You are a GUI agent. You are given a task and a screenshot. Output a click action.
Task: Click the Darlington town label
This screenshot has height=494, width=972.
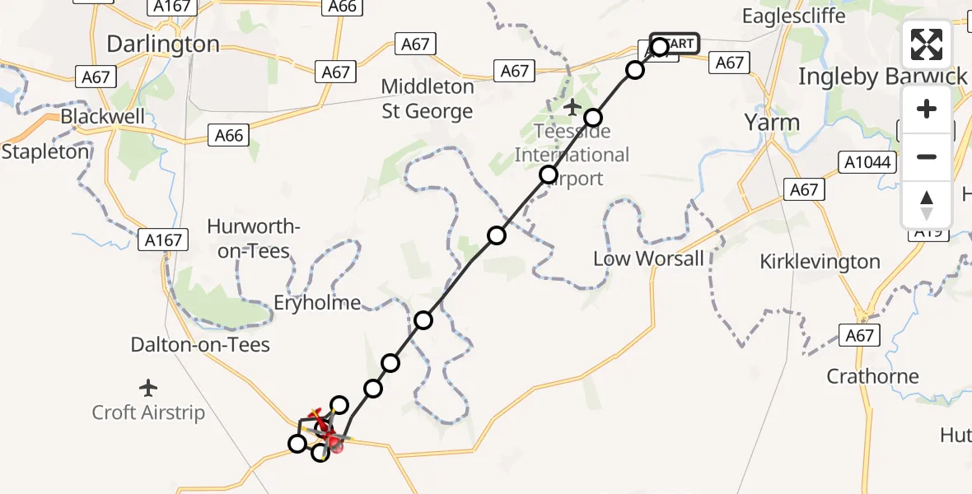(x=163, y=44)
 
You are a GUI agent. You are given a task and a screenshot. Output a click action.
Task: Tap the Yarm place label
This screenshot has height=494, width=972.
(x=772, y=123)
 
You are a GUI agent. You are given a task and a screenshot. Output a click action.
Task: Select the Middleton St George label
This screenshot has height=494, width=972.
(x=428, y=99)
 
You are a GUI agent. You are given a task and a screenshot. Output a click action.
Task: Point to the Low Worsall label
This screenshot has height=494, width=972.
(x=648, y=259)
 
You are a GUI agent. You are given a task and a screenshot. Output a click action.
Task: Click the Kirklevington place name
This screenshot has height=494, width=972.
(x=820, y=262)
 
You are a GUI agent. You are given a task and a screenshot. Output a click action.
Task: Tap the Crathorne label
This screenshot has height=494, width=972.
(x=872, y=376)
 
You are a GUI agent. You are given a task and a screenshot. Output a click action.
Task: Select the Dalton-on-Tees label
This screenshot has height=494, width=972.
(x=200, y=344)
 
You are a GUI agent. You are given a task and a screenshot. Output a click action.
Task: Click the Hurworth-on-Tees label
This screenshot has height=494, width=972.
(x=254, y=239)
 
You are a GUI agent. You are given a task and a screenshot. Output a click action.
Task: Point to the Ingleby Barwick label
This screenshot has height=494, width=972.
(x=882, y=77)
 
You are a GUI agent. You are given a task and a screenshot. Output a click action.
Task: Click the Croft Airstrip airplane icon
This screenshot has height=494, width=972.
(x=148, y=387)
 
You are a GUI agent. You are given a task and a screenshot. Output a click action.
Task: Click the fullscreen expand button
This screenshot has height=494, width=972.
(x=926, y=44)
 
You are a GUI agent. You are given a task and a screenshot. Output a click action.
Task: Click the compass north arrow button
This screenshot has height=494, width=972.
(x=926, y=203)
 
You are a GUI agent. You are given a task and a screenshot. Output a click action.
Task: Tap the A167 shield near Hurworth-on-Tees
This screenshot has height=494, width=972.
(x=165, y=240)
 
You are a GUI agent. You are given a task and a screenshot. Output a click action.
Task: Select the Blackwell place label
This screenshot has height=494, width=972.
(x=102, y=116)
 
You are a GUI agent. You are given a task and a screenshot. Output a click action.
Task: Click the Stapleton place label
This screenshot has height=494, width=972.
(x=45, y=152)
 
